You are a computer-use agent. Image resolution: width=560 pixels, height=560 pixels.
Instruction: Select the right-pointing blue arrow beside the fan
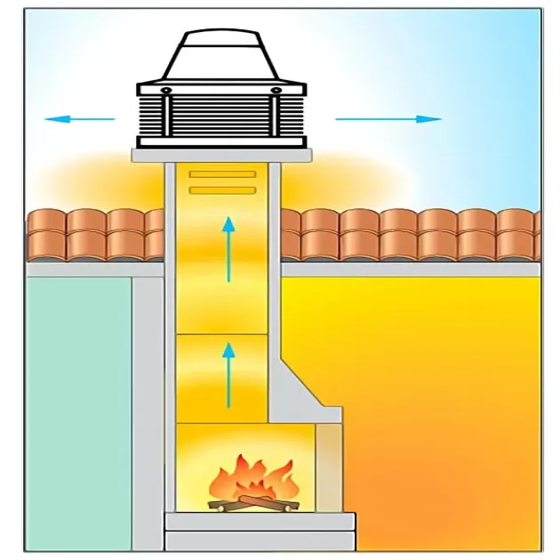(388, 118)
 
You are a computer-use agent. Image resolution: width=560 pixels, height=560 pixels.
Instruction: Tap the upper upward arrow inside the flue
(229, 251)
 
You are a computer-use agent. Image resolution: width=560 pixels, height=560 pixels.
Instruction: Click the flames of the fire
(252, 478)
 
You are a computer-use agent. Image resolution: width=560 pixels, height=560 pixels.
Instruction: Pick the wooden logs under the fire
(252, 504)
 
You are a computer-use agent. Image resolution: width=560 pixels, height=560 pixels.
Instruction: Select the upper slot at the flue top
(222, 173)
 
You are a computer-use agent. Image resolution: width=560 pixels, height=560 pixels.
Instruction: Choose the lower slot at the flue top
(222, 189)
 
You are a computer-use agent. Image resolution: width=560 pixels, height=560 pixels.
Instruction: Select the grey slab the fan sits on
(222, 155)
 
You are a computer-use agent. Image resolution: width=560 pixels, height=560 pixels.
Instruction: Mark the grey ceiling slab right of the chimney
(409, 268)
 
